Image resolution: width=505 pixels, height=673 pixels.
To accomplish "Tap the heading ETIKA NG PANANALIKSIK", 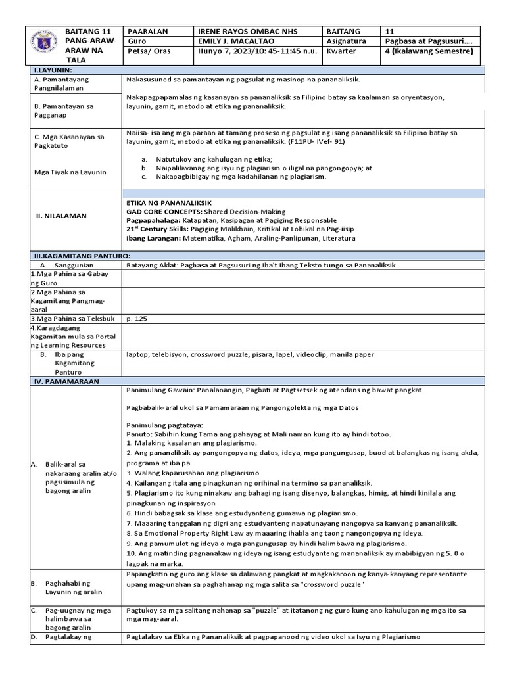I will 168,204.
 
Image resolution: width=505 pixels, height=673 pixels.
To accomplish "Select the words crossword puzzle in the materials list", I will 218,354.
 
